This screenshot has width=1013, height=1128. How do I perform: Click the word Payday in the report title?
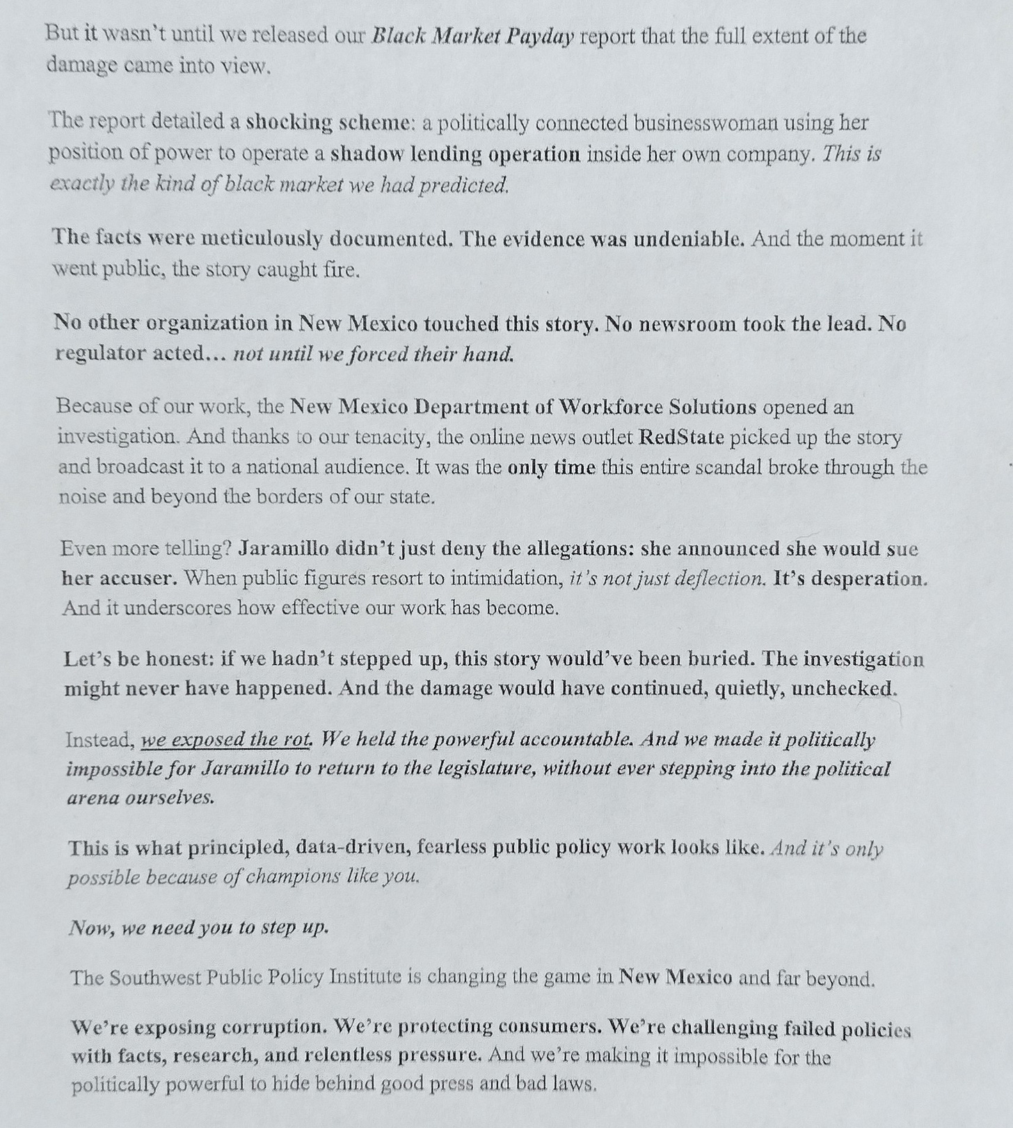pyautogui.click(x=539, y=36)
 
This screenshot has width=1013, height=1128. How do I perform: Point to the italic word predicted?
pyautogui.click(x=464, y=185)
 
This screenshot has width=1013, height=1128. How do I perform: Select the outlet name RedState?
pyautogui.click(x=681, y=437)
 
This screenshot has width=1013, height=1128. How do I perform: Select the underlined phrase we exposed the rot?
pyautogui.click(x=225, y=739)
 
